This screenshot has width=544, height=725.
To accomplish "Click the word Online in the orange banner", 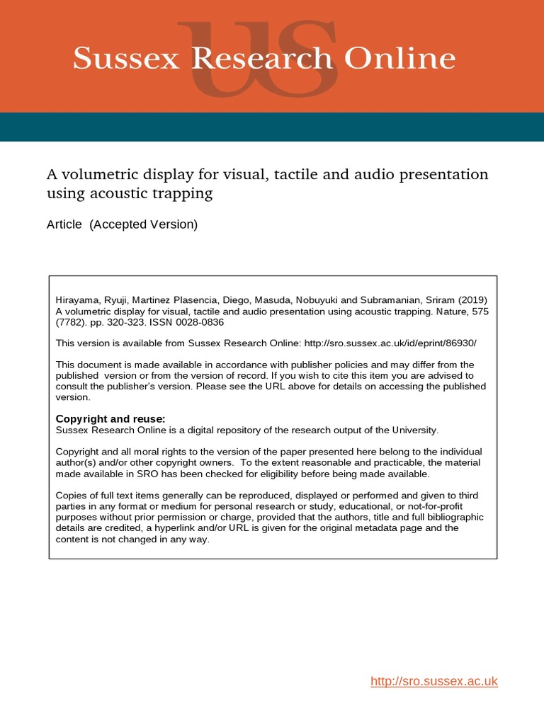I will pyautogui.click(x=407, y=59).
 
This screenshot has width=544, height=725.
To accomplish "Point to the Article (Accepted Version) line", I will pyautogui.click(x=122, y=225).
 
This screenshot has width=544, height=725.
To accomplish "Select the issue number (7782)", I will pyautogui.click(x=70, y=322).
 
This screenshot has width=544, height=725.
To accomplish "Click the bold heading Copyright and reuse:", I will pyautogui.click(x=110, y=418).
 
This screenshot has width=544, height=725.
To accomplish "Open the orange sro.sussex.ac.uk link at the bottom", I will pyautogui.click(x=434, y=681).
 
